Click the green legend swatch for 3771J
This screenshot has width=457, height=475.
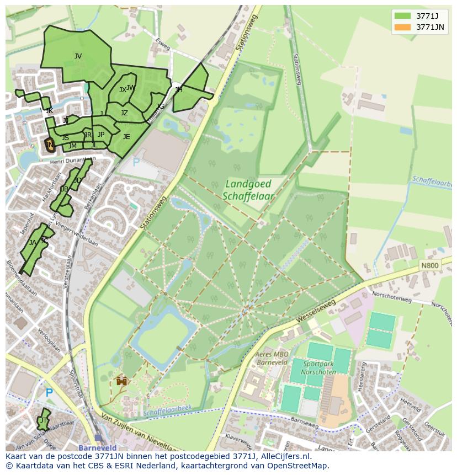(403, 16)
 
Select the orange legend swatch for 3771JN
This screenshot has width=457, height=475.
(403, 27)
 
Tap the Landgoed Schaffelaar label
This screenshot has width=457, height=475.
(249, 190)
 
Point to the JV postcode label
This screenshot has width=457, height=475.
(78, 56)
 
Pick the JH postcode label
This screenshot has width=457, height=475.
(178, 89)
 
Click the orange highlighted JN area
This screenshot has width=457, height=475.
(50, 146)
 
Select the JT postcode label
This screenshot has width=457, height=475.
(43, 420)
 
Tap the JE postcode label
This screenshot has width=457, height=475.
(126, 137)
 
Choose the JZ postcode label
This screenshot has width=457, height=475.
(124, 113)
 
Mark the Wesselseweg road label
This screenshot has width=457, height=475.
(316, 312)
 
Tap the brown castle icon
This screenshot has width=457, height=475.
(122, 381)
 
